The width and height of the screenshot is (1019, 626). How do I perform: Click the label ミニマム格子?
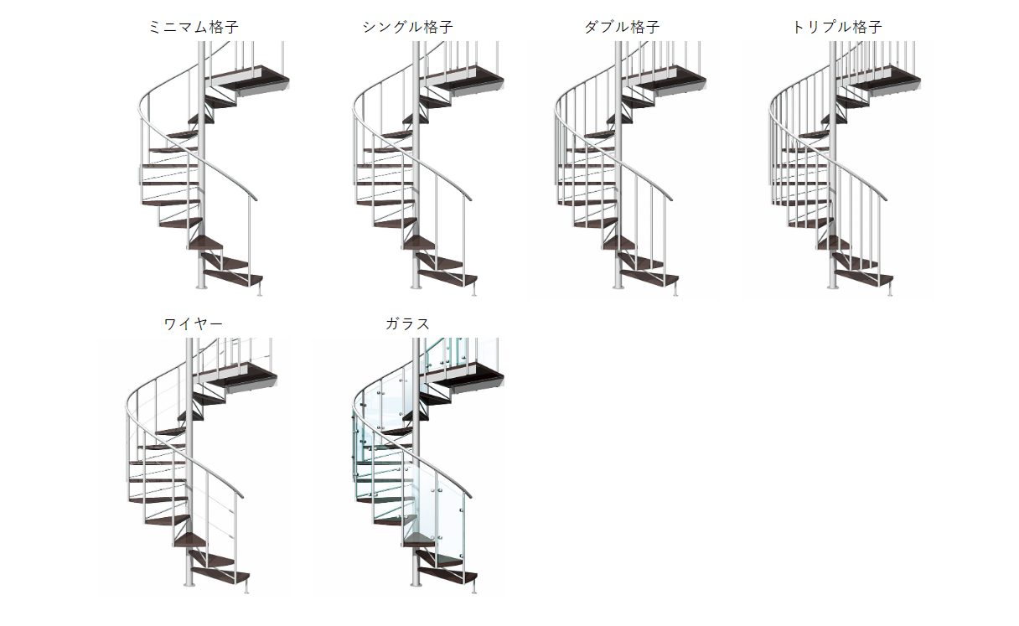(x=194, y=28)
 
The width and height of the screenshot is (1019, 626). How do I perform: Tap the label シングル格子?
(x=407, y=28)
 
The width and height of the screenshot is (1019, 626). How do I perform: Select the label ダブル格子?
(x=622, y=28)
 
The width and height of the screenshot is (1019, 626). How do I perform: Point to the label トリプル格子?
(x=837, y=28)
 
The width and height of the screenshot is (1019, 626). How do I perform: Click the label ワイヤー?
(x=194, y=324)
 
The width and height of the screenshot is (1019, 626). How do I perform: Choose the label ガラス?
(x=407, y=324)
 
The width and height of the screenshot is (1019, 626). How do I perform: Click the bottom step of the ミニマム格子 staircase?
(x=233, y=278)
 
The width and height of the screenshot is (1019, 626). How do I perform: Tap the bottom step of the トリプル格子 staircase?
(x=864, y=278)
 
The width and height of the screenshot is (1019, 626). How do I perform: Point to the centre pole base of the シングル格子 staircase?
(x=416, y=287)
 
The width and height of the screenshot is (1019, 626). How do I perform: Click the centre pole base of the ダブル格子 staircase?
(x=618, y=287)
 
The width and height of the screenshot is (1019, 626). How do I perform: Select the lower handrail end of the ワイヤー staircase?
(x=241, y=495)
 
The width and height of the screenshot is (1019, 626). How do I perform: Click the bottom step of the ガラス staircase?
(x=447, y=575)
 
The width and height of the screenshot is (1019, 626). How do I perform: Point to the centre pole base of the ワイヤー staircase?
(x=189, y=583)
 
